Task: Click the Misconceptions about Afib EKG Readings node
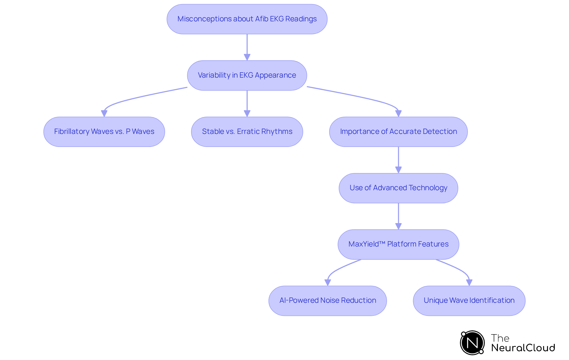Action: [x=247, y=19]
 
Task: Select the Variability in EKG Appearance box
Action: [x=247, y=75]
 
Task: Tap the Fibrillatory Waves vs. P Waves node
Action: [x=104, y=132]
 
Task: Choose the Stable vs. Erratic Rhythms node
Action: [x=247, y=132]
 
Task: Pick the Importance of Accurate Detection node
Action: [x=398, y=132]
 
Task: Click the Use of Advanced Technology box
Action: [x=398, y=188]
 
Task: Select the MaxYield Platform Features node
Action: [x=398, y=244]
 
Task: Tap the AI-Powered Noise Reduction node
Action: [x=327, y=300]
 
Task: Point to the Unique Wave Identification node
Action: [x=469, y=300]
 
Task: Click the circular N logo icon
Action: [x=472, y=343]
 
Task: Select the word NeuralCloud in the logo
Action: [x=523, y=348]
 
